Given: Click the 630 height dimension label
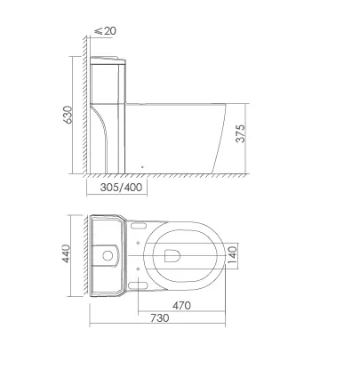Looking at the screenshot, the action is coord(68,115).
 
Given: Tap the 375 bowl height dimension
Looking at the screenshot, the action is coord(241,133).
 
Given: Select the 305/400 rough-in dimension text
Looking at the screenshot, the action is coord(121,188).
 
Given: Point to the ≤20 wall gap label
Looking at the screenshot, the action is coord(106,31).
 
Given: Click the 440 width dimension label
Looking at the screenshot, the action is coord(66,253).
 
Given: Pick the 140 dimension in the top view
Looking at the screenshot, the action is coord(233,255).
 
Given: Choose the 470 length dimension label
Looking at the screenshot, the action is coord(181,305).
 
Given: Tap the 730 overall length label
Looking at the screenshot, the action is coord(160,318).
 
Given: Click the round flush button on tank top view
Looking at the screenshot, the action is coord(108,255).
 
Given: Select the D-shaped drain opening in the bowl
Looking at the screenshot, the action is coord(172,255).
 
